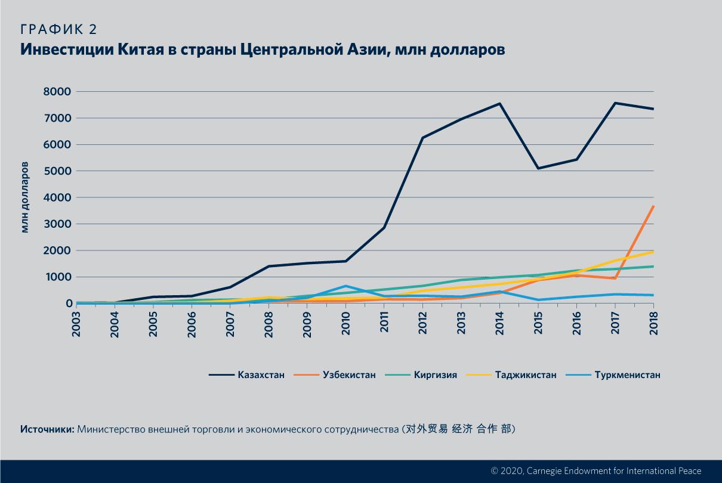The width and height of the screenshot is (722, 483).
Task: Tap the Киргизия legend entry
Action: point(435,375)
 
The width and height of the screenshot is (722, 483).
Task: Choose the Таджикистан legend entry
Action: point(526,375)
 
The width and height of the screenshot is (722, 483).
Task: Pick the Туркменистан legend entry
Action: point(627,375)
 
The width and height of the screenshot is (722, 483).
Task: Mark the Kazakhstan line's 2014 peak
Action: point(499,104)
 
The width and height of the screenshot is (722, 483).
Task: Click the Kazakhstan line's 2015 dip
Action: point(538,168)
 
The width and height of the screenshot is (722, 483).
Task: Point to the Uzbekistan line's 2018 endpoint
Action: point(653,206)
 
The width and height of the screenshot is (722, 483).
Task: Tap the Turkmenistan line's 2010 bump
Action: point(345,286)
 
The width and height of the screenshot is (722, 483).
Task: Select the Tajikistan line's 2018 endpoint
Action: point(653,252)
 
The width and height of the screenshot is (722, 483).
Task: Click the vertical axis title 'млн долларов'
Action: point(25,197)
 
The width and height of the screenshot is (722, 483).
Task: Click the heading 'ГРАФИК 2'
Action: point(58,30)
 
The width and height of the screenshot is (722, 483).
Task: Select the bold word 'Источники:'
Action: point(47,429)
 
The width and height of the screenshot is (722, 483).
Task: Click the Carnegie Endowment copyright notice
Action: point(596,470)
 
